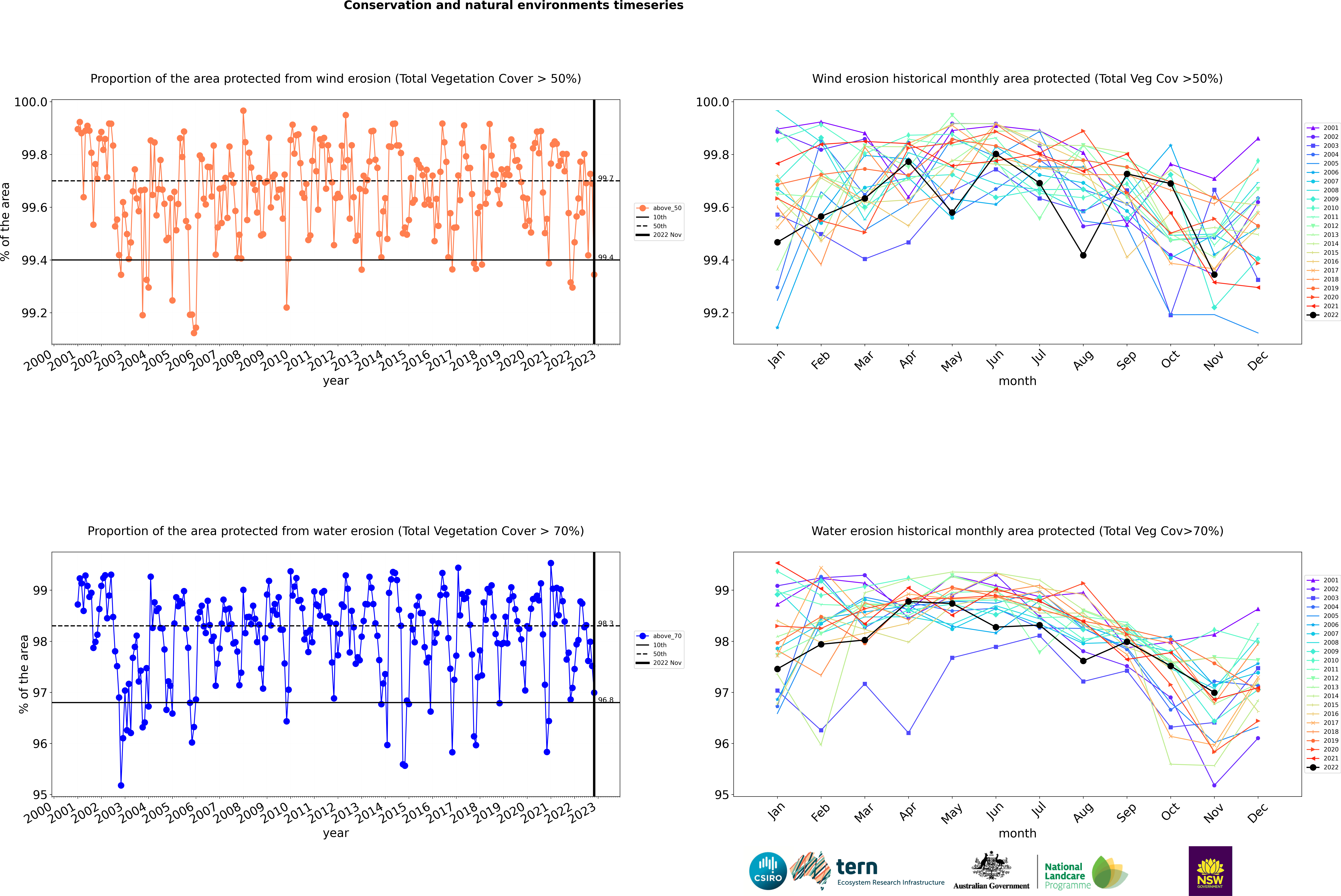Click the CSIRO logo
coord(768,871)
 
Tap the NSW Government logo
coord(1210,871)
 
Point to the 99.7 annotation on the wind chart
coord(605,178)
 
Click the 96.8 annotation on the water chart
coord(605,700)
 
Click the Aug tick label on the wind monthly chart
coord(1083,360)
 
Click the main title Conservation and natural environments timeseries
coord(513,6)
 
